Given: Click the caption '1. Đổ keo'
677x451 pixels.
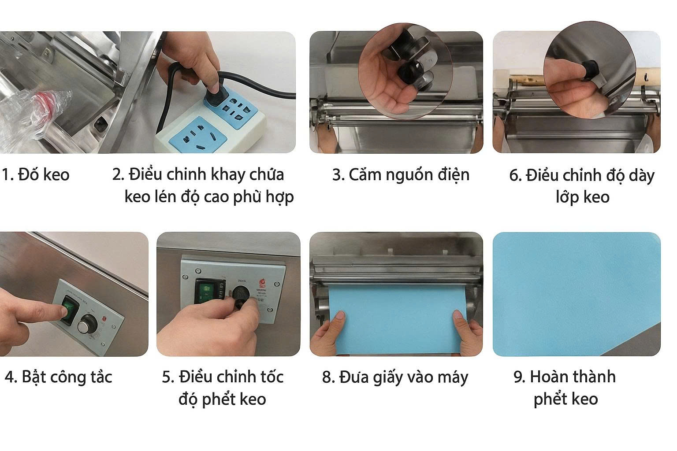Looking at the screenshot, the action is click(36, 174).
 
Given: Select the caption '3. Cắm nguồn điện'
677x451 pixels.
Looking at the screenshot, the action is click(401, 175).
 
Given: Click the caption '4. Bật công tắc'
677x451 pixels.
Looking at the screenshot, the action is click(58, 377).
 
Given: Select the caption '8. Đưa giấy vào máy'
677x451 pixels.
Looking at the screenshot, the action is click(395, 377).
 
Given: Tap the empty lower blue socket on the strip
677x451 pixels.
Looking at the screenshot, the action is click(197, 135).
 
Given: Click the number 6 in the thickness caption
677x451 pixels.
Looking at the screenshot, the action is click(514, 175).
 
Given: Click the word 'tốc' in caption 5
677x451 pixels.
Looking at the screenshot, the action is click(271, 377).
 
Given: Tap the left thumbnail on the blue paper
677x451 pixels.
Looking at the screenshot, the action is click(340, 315).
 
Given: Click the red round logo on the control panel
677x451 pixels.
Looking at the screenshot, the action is click(262, 283).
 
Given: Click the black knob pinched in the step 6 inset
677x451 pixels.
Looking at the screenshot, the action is click(589, 70).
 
